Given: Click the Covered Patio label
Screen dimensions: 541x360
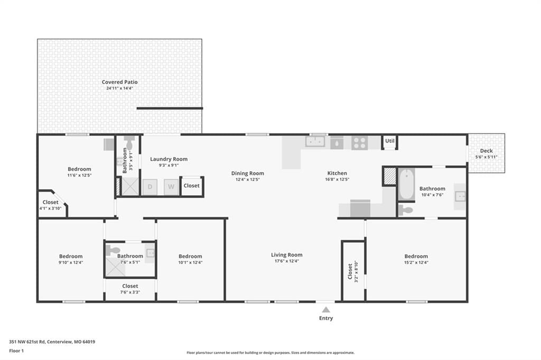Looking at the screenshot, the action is coord(120,82).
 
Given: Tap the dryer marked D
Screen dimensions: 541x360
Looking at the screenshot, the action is coord(150,187).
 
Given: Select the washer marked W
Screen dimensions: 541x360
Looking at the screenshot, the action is coord(171,187).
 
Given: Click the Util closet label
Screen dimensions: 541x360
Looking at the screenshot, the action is coord(389,141).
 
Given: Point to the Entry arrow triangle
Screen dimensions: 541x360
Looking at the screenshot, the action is coord(325,310).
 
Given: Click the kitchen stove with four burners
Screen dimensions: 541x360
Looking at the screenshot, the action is coord(359,143).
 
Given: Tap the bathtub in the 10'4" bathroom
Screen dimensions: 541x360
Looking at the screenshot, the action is coord(407,184).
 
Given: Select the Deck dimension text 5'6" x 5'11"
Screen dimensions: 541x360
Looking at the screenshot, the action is coord(487,157).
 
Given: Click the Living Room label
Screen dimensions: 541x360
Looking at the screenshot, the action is coord(287,255).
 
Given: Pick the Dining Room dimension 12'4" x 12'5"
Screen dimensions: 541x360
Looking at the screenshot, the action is coord(247,179).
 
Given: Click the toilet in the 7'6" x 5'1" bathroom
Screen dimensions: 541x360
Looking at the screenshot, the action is coord(113,250).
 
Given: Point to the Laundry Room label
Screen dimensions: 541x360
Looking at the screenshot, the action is coord(169,159).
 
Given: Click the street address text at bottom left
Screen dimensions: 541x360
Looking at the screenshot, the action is coord(52,342).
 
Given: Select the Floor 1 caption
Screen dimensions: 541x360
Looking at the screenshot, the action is coord(16,350).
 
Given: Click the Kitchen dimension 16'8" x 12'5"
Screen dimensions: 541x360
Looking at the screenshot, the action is coord(337,179).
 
